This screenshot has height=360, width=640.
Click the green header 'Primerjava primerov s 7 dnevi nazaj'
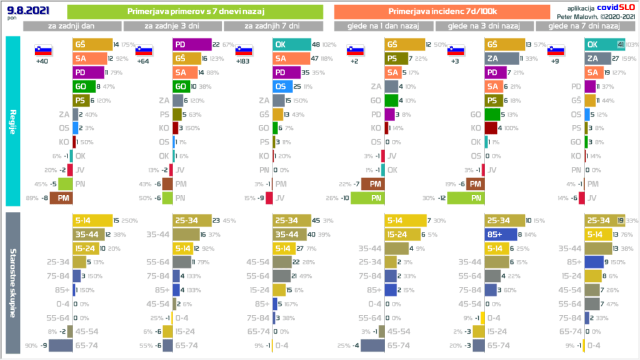tap(194, 12)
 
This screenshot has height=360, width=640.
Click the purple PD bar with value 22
tap(192, 44)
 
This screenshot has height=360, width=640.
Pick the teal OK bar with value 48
tap(291, 44)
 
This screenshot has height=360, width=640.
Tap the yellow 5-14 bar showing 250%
tap(92, 221)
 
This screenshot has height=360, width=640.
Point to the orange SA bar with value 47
tap(291, 59)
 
